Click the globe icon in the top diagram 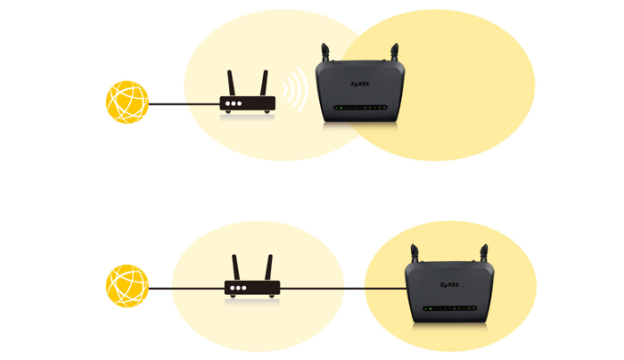click(127, 102)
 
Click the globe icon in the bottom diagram click(127, 287)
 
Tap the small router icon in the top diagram click(248, 102)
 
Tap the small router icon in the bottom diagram click(252, 288)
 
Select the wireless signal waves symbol click(294, 93)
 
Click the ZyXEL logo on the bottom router click(452, 285)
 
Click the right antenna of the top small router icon click(264, 83)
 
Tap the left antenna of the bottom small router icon click(236, 267)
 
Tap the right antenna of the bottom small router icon click(268, 267)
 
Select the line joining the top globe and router click(184, 104)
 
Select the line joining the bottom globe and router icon click(185, 289)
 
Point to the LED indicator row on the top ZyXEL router click(360, 108)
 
